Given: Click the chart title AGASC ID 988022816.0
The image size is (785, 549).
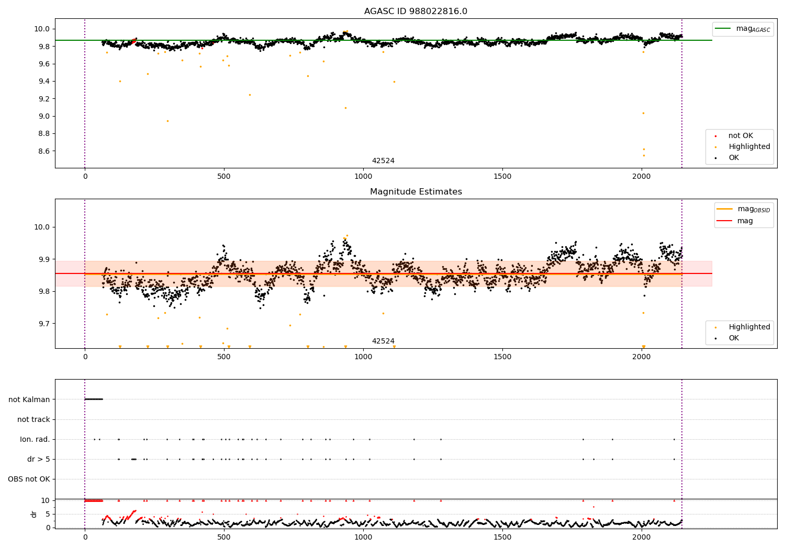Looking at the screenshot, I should pyautogui.click(x=416, y=12).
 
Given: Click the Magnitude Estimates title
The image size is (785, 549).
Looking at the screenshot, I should pyautogui.click(x=416, y=192).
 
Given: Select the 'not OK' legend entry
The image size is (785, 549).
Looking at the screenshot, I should pyautogui.click(x=741, y=136).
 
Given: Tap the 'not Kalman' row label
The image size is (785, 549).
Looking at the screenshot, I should pyautogui.click(x=29, y=399).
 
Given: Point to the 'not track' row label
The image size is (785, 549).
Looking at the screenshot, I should pyautogui.click(x=33, y=419).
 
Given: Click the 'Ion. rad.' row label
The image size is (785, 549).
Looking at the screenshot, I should pyautogui.click(x=35, y=439).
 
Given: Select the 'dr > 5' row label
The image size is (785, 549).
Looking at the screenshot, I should pyautogui.click(x=39, y=459).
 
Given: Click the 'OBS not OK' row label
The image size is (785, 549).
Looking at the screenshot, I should pyautogui.click(x=29, y=479).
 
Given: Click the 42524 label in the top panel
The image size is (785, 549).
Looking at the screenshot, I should pyautogui.click(x=383, y=161).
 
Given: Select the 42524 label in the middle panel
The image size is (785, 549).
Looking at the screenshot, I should pyautogui.click(x=383, y=341).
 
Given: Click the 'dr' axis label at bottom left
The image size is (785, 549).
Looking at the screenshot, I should pyautogui.click(x=34, y=514).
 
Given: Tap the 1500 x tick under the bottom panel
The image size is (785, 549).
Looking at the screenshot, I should pyautogui.click(x=502, y=536).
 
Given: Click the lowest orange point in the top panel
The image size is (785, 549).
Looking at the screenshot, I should pyautogui.click(x=644, y=155).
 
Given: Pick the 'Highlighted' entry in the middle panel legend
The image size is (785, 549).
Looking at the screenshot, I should pyautogui.click(x=749, y=327).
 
